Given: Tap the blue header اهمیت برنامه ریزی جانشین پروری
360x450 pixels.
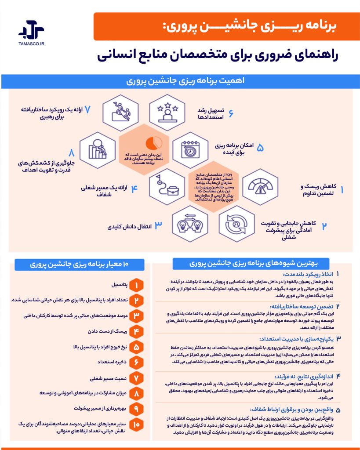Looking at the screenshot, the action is point(180,82).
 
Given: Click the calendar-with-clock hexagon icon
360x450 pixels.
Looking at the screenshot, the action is point(190,148).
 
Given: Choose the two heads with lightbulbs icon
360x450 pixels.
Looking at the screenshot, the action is point(190,224).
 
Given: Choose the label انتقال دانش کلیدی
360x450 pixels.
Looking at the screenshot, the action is point(130,227).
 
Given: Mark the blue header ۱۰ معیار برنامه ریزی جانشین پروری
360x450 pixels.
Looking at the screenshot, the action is point(79,265).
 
